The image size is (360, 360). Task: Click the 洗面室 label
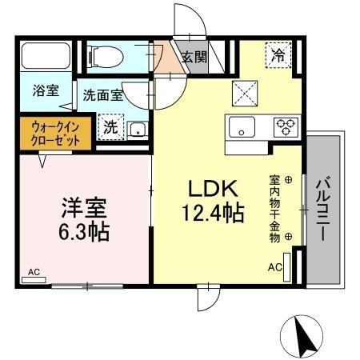(x=102, y=95)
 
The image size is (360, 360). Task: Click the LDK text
(x=212, y=189)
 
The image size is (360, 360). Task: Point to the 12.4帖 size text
(x=212, y=214)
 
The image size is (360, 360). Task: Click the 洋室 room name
(x=82, y=208)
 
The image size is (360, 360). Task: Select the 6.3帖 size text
(x=82, y=234)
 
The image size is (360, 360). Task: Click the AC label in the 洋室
(x=34, y=272)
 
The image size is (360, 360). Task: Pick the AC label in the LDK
(x=274, y=266)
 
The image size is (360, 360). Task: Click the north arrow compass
(x=302, y=334)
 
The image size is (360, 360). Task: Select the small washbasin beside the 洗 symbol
(x=136, y=129)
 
